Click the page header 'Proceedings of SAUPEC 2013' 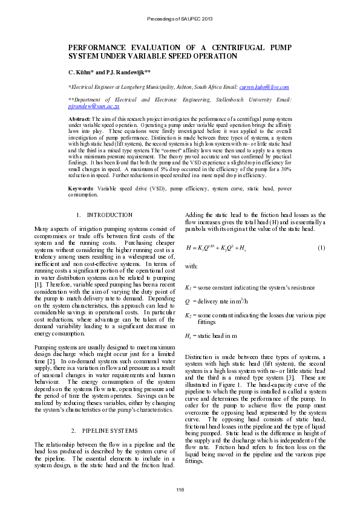tap(180, 19)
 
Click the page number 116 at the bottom tap(180, 488)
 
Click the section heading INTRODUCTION tap(110, 215)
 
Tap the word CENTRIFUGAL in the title tap(216, 47)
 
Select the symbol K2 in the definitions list tap(188, 315)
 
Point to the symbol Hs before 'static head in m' tap(188, 336)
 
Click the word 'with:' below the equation tap(191, 265)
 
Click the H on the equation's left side tap(189, 248)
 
